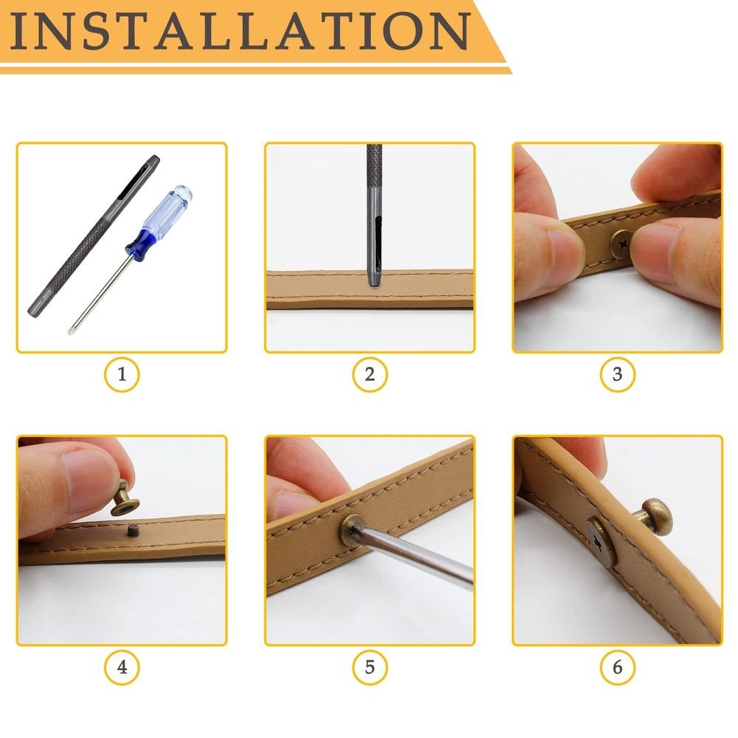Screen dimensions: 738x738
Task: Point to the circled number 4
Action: [122, 669]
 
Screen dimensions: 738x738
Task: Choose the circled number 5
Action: [370, 669]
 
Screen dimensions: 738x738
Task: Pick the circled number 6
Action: [617, 669]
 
